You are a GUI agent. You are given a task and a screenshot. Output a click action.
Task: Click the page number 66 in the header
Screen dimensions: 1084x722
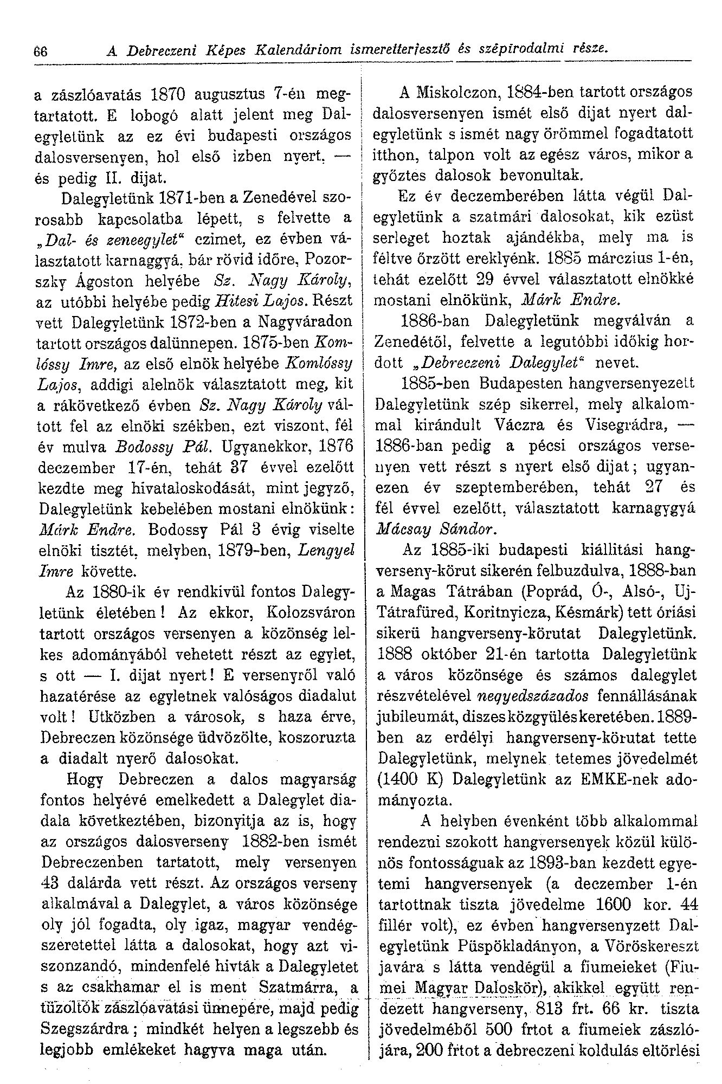tap(41, 51)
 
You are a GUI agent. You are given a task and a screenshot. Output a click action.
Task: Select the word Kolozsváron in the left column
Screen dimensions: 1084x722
tap(312, 613)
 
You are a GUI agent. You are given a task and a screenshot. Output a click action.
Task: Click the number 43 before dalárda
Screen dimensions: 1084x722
tap(51, 883)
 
